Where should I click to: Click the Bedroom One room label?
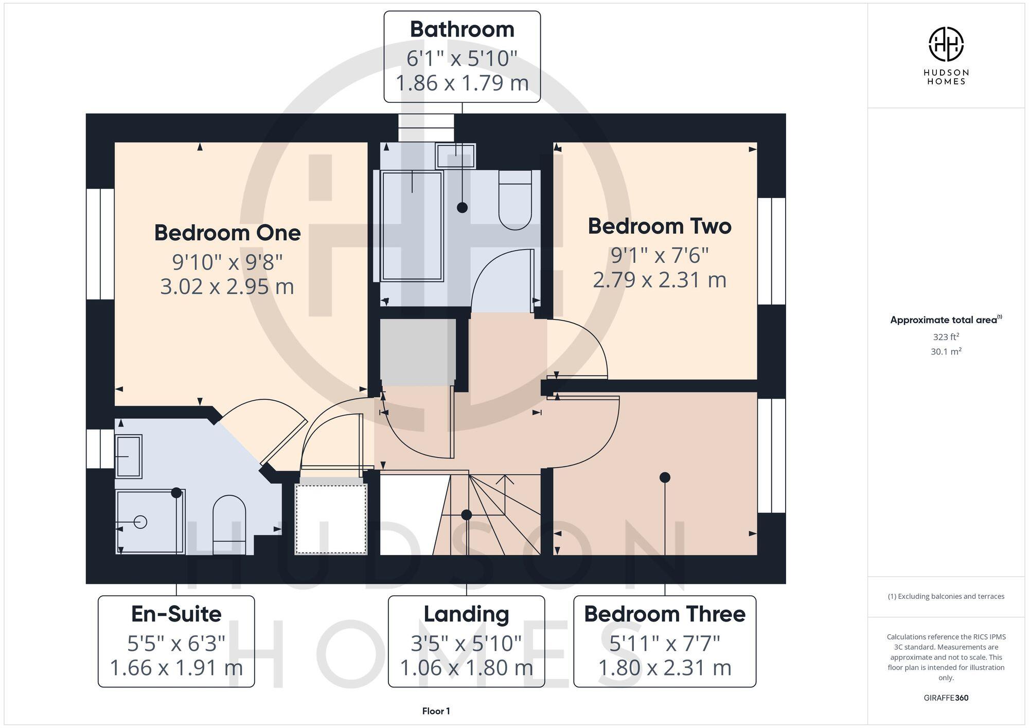point(227,233)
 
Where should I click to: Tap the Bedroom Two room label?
point(660,226)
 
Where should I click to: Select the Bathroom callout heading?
point(462,29)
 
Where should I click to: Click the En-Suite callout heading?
point(176,614)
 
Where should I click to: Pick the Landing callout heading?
point(466,614)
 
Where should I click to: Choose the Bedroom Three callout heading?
point(665,614)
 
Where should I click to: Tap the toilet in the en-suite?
point(229,522)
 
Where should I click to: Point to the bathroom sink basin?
point(455,156)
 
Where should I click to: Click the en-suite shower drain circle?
point(140,522)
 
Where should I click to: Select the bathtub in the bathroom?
point(412,226)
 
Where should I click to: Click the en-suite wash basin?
point(128,456)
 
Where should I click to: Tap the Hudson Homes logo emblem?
point(946,44)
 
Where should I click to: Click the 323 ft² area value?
point(946,337)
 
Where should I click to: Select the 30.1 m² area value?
point(946,352)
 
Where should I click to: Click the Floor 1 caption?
point(436,711)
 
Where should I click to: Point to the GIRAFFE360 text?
point(946,698)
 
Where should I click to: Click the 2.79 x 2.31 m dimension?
point(660,280)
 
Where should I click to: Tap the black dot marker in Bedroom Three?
point(665,477)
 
